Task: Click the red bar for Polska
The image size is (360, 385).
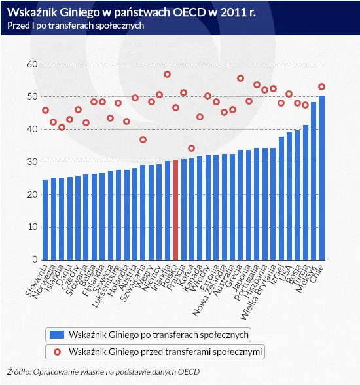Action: (175, 210)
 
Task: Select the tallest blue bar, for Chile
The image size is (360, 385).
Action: (321, 177)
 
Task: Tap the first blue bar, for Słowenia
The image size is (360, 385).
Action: (45, 219)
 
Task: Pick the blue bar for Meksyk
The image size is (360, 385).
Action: (314, 181)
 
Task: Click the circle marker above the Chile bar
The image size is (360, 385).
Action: (321, 86)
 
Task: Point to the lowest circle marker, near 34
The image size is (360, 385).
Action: (192, 148)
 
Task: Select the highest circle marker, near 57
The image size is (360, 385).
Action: (167, 75)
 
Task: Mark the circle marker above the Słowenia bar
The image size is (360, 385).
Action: (45, 110)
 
